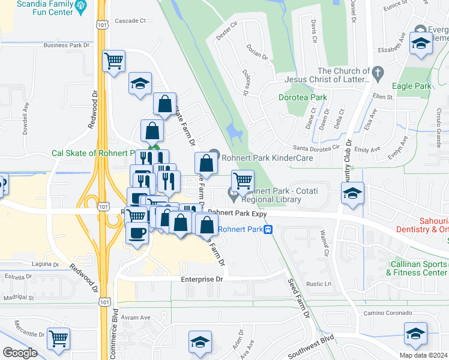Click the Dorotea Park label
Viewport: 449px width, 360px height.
pos(303,97)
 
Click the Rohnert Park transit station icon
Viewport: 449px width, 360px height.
pos(270,229)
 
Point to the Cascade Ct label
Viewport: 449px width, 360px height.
pos(130,20)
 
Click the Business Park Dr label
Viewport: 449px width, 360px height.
pos(66,45)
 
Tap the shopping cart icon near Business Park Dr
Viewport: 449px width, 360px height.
pos(113,61)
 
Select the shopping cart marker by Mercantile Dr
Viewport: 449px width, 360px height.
pos(58,339)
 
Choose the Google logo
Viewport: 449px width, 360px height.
pos(20,353)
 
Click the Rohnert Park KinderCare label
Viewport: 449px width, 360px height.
pos(267,158)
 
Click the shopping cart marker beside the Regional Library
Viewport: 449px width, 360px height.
pos(243,180)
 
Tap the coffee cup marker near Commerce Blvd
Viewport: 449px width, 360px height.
pos(137,232)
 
